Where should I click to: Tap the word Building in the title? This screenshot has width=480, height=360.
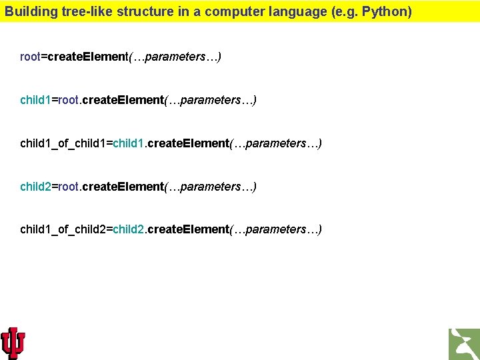26,11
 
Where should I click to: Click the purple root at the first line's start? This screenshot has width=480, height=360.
30,57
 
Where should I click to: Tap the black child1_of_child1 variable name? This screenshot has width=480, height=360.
63,143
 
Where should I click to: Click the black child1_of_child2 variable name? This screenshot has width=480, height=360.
63,229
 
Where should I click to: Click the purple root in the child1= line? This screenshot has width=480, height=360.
69,100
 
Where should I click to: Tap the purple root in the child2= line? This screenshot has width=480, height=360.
69,186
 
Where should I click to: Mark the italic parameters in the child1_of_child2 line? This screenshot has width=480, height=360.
275,229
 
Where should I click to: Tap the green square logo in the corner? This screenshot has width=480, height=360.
464,344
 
